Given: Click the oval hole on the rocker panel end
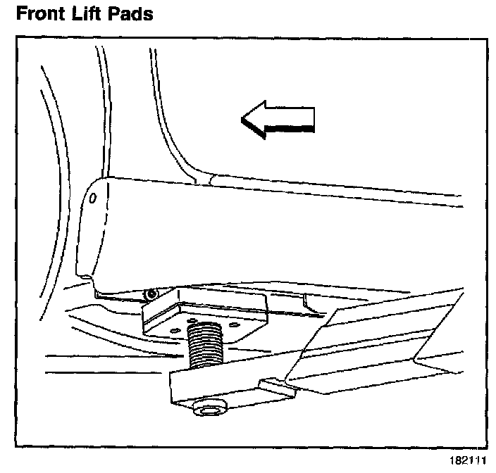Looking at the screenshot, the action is (x=92, y=199).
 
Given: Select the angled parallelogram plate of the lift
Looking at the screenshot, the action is (x=380, y=345).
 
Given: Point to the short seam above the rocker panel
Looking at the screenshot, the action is (x=202, y=179).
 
